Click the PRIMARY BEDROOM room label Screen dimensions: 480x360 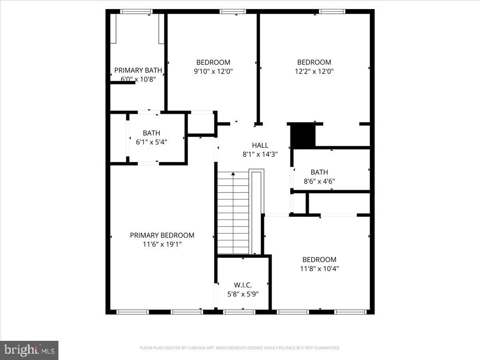click(x=162, y=235)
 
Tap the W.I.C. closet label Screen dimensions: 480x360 click(x=243, y=285)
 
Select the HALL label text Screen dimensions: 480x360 click(x=260, y=145)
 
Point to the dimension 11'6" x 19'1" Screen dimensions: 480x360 click(x=162, y=244)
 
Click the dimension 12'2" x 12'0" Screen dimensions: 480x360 click(x=314, y=71)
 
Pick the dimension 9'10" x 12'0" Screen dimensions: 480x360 click(x=213, y=71)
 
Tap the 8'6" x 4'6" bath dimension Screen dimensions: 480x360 click(x=319, y=181)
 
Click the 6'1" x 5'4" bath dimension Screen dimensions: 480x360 click(x=151, y=142)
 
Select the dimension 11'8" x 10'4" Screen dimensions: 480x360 click(x=319, y=268)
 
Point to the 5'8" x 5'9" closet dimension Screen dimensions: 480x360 click(x=243, y=294)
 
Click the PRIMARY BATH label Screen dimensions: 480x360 click(x=138, y=70)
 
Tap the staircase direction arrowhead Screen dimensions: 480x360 click(x=233, y=174)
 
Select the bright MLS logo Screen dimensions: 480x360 click(x=29, y=350)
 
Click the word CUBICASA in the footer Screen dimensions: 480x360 click(x=196, y=348)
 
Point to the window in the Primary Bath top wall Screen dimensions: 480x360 click(x=136, y=11)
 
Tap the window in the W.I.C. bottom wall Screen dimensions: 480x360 click(x=239, y=312)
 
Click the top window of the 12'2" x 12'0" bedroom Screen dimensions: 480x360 click(x=332, y=11)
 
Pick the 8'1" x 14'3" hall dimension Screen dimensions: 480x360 click(x=260, y=154)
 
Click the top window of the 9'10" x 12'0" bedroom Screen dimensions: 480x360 click(x=233, y=11)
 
